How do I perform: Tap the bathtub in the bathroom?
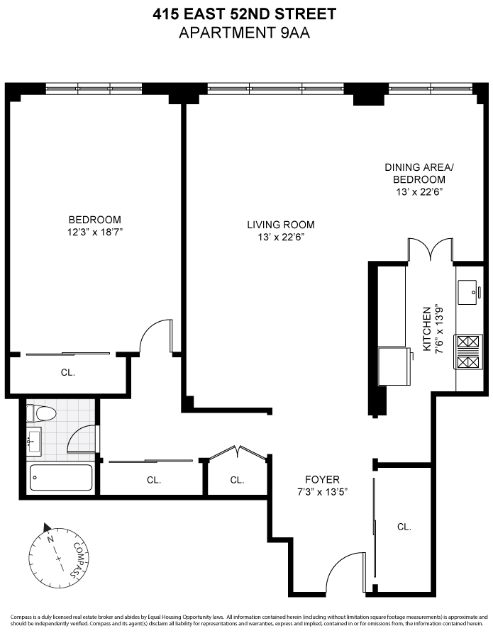61,478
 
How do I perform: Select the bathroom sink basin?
33,442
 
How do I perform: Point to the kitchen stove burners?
468,352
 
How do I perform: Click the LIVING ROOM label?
280,230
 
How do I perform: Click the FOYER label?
322,485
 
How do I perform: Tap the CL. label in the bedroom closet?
67,371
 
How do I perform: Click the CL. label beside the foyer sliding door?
404,527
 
